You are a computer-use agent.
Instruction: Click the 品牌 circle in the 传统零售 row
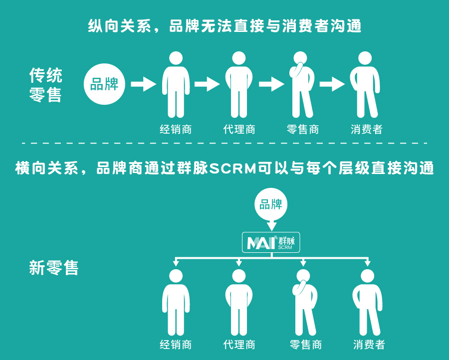[104, 84]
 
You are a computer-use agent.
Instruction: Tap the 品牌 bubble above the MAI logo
[271, 204]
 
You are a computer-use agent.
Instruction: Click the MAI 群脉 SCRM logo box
[271, 242]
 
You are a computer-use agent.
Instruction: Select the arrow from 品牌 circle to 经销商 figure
[143, 84]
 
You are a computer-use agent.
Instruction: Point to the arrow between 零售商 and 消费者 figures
[332, 84]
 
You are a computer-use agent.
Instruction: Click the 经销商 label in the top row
[176, 130]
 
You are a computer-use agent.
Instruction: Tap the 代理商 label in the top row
[239, 130]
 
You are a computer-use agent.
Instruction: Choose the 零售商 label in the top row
[303, 130]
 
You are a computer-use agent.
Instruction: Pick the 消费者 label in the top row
[367, 130]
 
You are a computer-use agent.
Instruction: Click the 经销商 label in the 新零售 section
[176, 344]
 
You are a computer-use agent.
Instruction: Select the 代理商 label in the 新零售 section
[239, 344]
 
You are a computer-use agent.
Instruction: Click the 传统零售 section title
[45, 85]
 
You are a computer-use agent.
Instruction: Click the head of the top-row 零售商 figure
[303, 58]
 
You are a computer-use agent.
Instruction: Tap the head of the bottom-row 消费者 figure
[367, 276]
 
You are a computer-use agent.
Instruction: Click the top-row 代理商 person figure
[239, 85]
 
